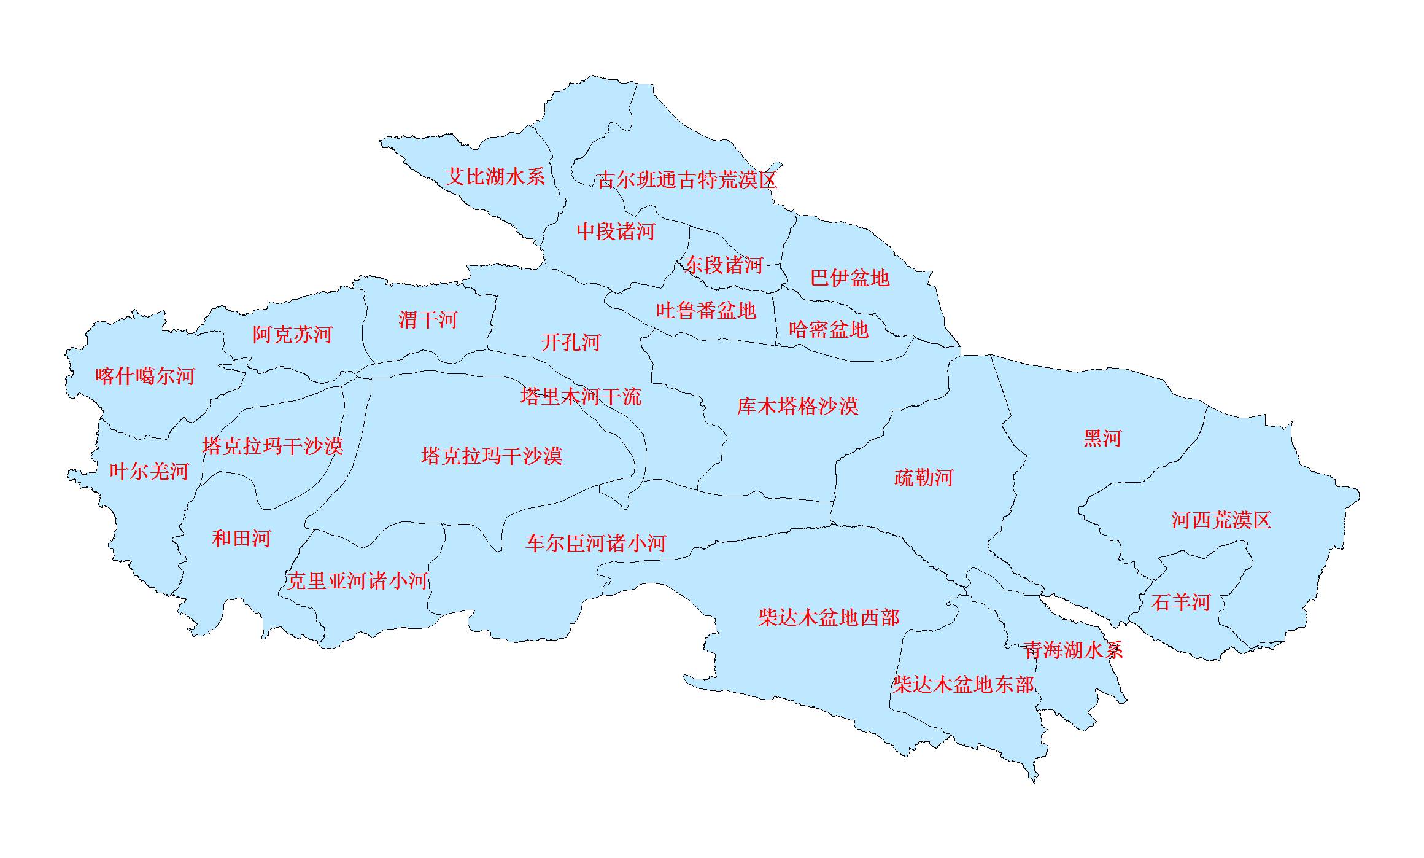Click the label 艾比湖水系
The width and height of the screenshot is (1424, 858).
coord(495,177)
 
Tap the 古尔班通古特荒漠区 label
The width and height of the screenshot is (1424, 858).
coord(687,180)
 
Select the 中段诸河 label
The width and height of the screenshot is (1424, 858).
coord(616,232)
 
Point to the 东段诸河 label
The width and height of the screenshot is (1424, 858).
coord(724,265)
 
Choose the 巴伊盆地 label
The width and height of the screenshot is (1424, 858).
coord(849,278)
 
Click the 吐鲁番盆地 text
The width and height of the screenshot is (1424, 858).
coord(706,310)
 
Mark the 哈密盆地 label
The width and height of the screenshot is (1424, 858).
coord(829,330)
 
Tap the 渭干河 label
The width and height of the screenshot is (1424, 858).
coord(428,319)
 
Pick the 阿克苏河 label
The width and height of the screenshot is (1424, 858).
coord(292,334)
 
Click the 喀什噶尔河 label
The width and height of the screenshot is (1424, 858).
coord(145,376)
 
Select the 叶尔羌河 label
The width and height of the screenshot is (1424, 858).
coord(149,472)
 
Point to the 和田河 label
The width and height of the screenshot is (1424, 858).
coord(241,539)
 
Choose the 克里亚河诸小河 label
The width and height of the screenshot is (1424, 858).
coord(357,581)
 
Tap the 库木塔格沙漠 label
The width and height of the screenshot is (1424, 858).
coord(797,406)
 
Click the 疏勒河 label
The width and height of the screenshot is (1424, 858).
coord(924,478)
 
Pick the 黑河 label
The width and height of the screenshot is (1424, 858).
coord(1102,439)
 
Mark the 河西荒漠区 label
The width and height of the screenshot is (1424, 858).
coord(1221,520)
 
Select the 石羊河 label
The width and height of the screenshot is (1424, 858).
coord(1180,603)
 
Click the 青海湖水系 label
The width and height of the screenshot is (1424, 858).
coord(1074,650)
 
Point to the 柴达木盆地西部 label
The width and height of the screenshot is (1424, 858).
coord(829,618)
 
